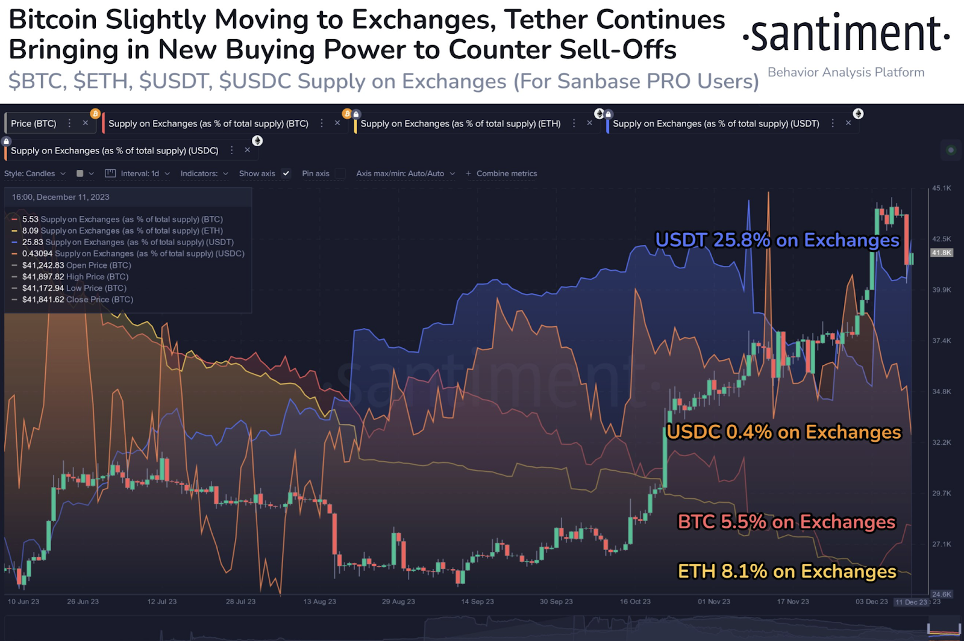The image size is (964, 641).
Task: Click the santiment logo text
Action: [846, 34]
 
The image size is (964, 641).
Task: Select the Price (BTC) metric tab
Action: [34, 123]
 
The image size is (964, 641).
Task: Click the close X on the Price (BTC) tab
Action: [86, 123]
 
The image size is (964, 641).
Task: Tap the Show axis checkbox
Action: [286, 173]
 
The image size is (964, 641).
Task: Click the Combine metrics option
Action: [506, 173]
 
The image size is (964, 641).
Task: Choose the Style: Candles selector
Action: [35, 173]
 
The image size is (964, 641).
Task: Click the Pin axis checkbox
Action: [340, 173]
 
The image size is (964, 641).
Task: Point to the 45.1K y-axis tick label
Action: [941, 188]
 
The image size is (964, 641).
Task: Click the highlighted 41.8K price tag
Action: [941, 253]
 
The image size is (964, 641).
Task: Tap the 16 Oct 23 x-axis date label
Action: [635, 601]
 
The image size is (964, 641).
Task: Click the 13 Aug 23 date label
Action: [319, 601]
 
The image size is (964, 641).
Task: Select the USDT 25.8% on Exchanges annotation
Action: [777, 240]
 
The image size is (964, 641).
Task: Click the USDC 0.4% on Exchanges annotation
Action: [784, 432]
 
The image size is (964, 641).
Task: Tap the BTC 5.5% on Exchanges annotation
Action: [786, 522]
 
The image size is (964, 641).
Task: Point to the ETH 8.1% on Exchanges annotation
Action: [787, 571]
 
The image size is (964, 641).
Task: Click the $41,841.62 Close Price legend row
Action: [78, 299]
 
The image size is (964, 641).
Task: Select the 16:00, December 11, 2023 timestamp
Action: [60, 197]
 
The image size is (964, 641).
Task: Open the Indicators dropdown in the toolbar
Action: [204, 173]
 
